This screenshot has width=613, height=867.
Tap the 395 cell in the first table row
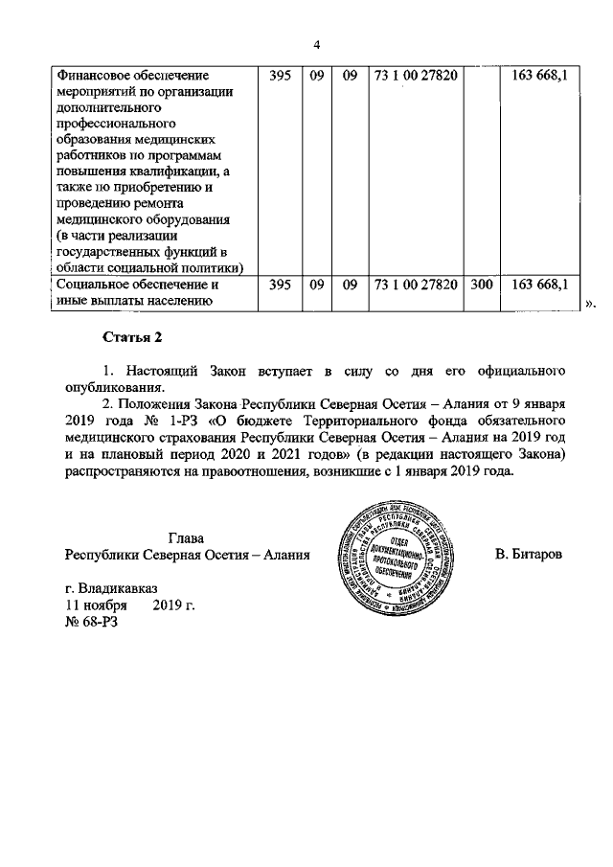point(280,75)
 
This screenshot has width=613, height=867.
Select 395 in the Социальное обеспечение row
point(280,285)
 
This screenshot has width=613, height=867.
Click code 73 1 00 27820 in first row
point(415,75)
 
